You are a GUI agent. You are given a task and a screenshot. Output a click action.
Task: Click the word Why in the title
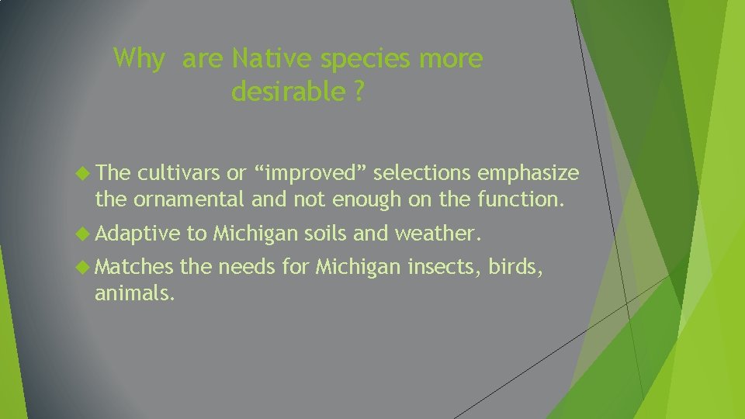point(138,59)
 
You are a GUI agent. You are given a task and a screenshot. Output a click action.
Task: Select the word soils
point(326,234)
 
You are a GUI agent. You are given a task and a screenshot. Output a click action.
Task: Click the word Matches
point(134,268)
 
